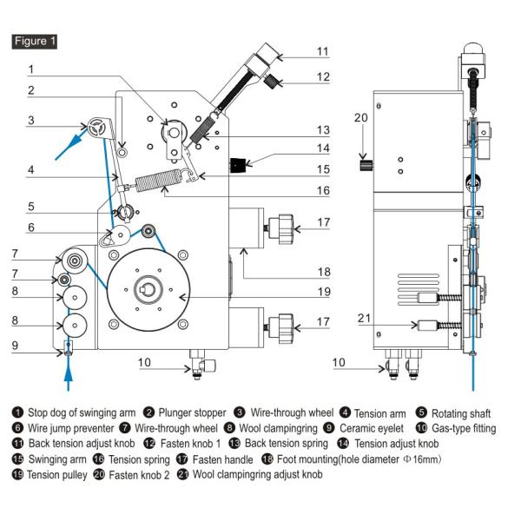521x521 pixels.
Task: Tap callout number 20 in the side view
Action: pos(361,116)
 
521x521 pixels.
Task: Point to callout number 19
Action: pos(323,292)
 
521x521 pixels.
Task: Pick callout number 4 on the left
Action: pos(30,170)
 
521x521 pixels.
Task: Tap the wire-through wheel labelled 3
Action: pos(96,127)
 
